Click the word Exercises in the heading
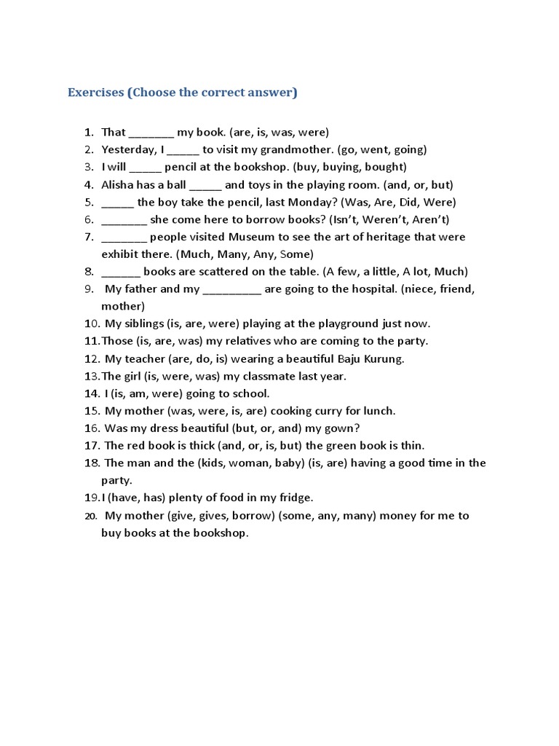[95, 93]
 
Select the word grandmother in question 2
[298, 150]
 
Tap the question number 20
[91, 516]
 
